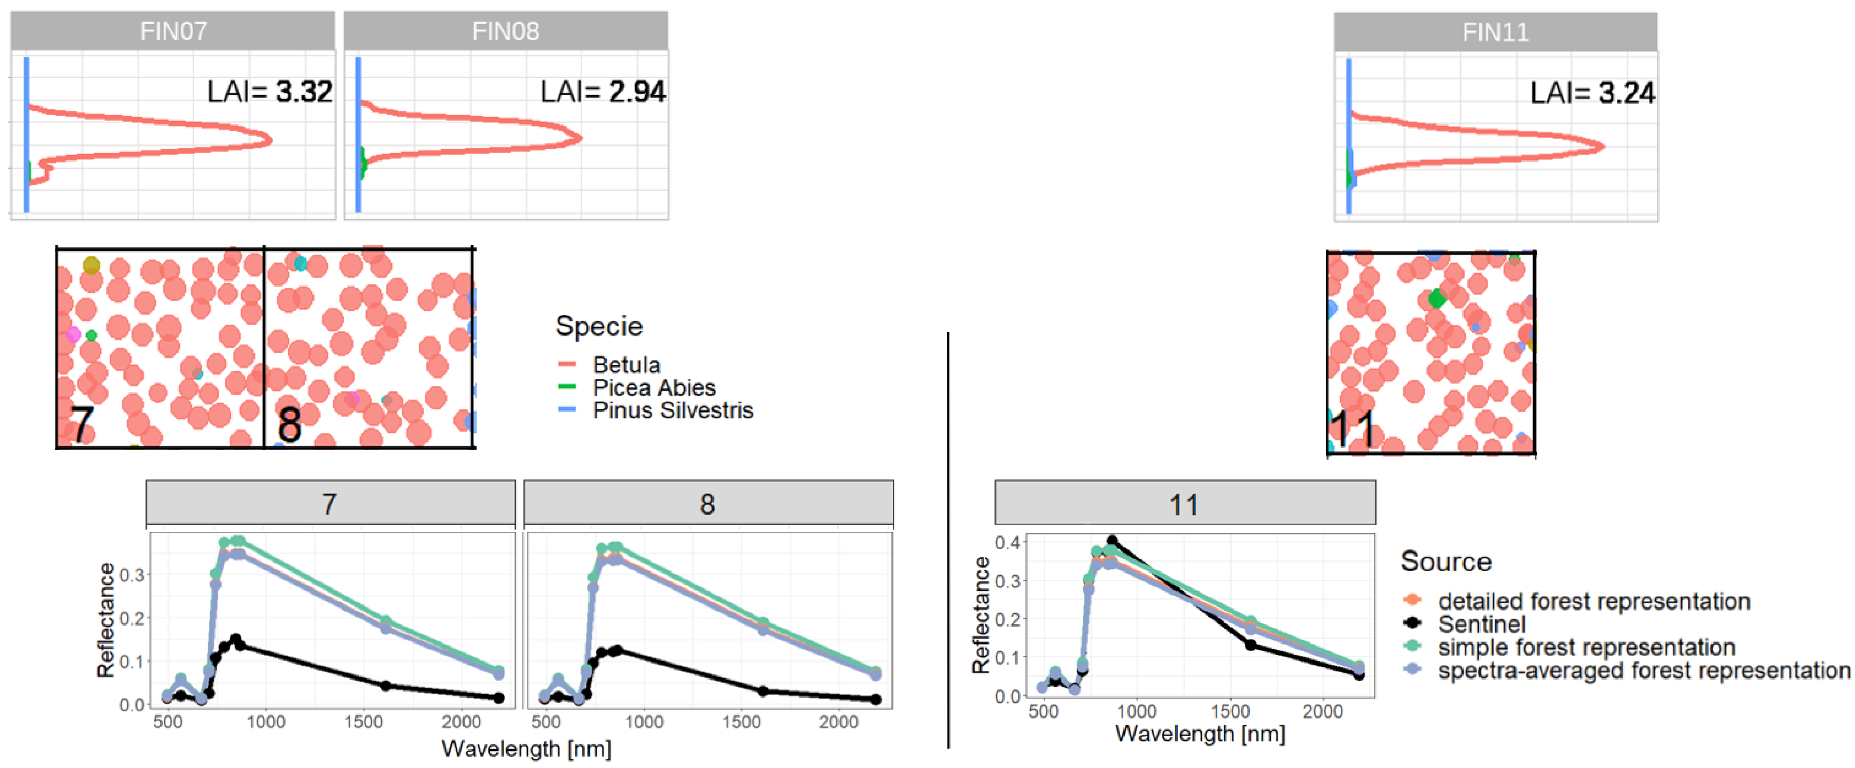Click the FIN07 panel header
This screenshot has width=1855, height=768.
click(173, 31)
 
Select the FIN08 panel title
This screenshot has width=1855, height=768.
click(506, 31)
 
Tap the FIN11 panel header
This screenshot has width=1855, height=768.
click(1495, 32)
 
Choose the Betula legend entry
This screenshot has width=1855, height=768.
click(626, 365)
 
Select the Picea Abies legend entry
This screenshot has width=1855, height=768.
click(653, 387)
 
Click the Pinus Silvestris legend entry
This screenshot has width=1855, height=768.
click(672, 410)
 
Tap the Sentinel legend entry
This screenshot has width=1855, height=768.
click(1481, 623)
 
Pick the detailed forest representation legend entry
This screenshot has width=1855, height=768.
click(1593, 600)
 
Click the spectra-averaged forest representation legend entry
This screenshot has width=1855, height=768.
click(1643, 670)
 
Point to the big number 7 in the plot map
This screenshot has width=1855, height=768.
click(81, 425)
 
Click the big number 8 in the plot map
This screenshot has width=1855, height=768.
click(290, 425)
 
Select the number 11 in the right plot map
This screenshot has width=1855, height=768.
click(1352, 430)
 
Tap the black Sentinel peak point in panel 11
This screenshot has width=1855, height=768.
click(1112, 541)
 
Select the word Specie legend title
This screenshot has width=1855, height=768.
click(598, 326)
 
